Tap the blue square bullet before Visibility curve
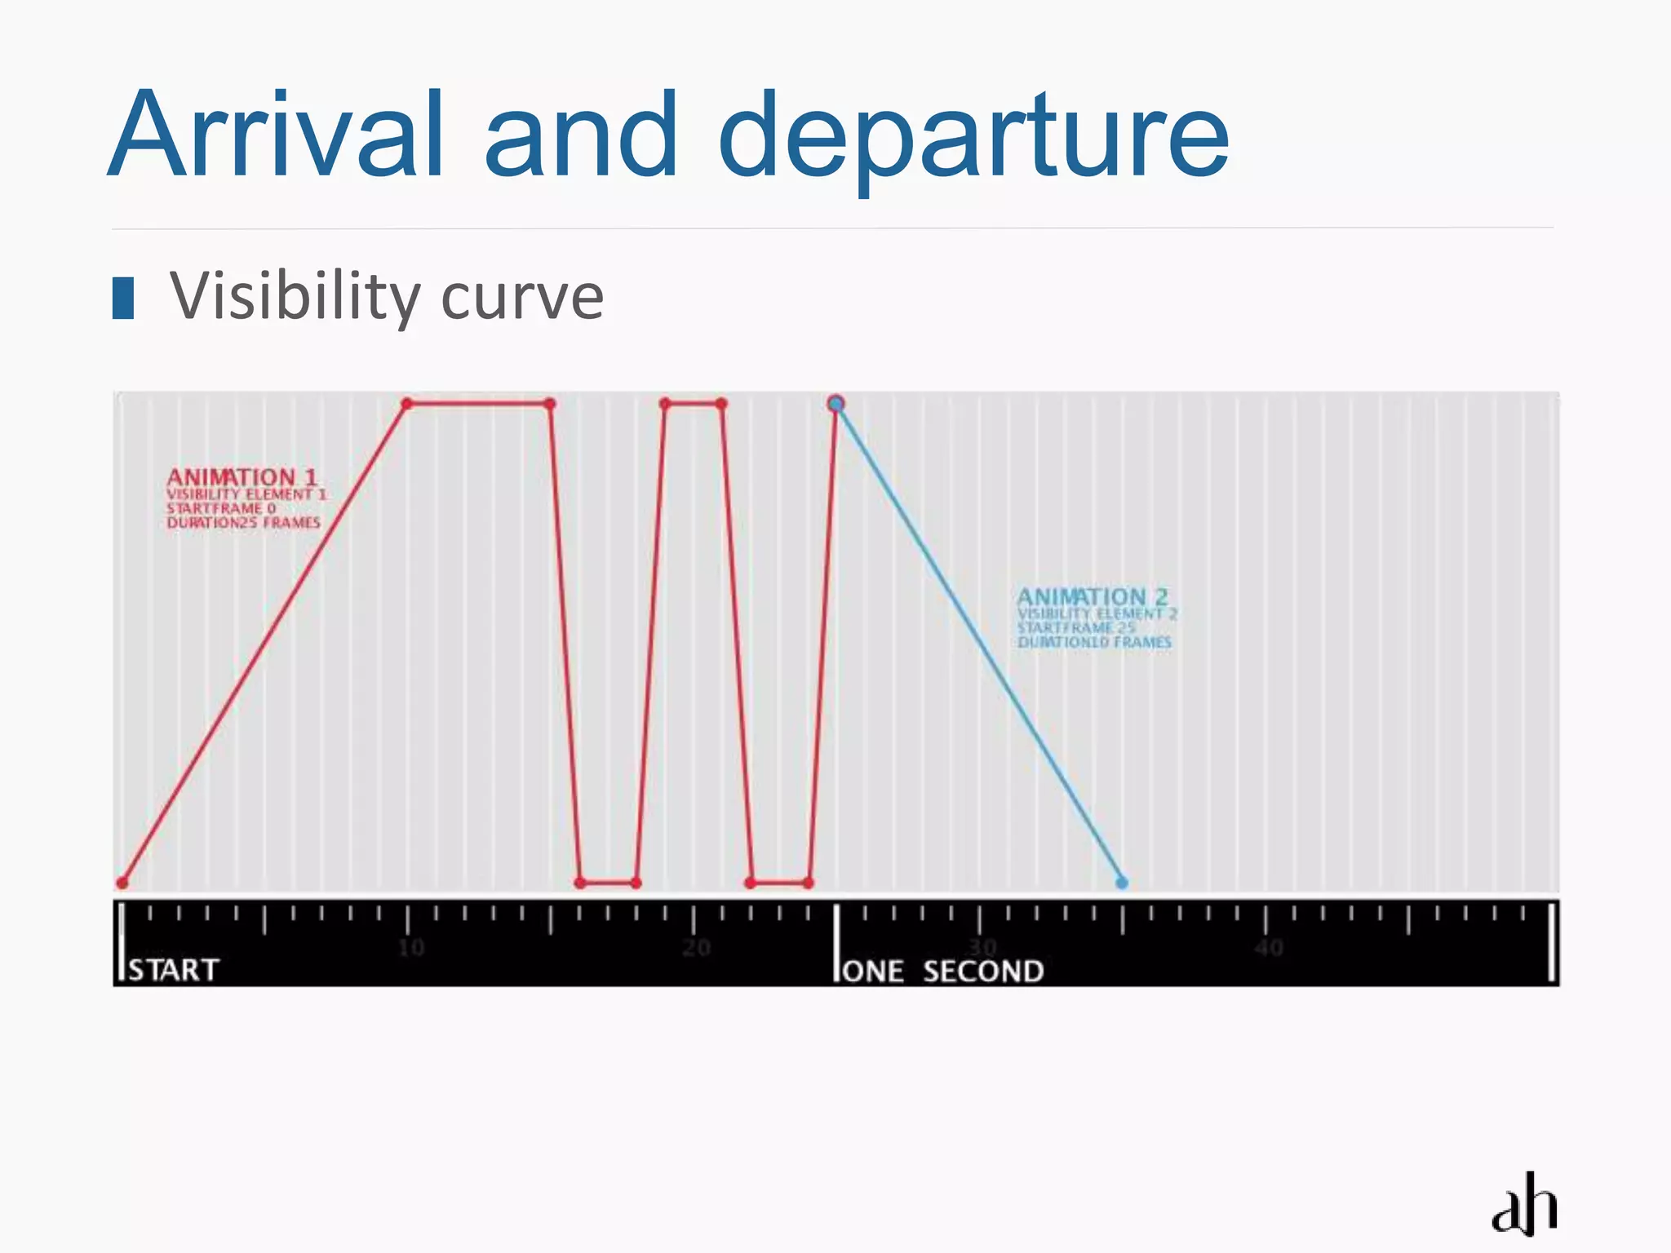pos(123,298)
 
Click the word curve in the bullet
pos(522,299)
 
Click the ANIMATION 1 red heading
pos(242,476)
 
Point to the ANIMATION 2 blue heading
pos(1093,596)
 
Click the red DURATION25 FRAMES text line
pos(243,523)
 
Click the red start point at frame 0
pos(122,883)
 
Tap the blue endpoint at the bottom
pos(1122,883)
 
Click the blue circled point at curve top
pos(835,404)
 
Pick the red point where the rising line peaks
pos(407,404)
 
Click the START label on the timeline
pos(174,970)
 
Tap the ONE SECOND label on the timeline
pos(942,972)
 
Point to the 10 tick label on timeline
pos(411,948)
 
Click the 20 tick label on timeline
pos(697,948)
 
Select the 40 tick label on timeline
pos(1269,948)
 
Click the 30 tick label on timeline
pos(982,948)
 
